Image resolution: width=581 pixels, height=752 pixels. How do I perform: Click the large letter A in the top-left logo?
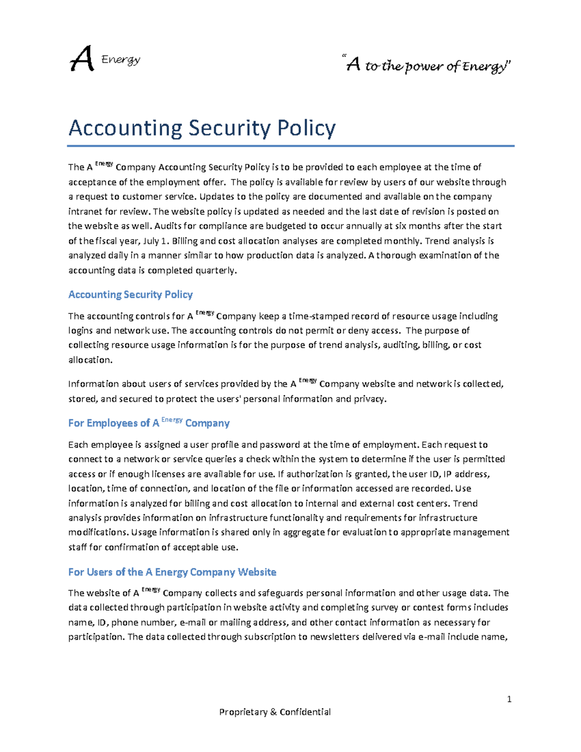coord(81,60)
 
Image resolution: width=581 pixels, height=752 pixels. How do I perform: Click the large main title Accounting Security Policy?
coord(202,128)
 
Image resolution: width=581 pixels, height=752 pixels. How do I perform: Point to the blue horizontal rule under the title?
coord(290,145)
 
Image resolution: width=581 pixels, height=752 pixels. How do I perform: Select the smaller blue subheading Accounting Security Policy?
coord(130,294)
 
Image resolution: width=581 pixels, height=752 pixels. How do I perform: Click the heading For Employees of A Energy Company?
coord(149,423)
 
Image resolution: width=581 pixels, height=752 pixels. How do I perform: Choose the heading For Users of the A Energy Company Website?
coord(172,572)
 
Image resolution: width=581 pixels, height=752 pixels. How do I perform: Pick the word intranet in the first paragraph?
coord(85,212)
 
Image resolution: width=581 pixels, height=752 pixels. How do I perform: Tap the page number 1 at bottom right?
coord(509,699)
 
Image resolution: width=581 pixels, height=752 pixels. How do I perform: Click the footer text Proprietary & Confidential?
coord(275,712)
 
